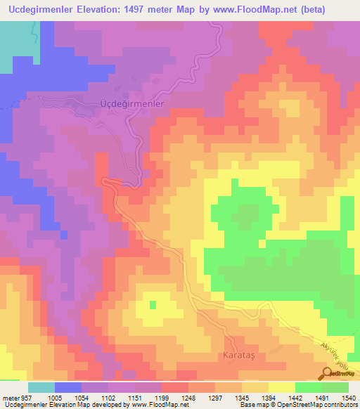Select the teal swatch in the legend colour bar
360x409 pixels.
pos(41,387)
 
